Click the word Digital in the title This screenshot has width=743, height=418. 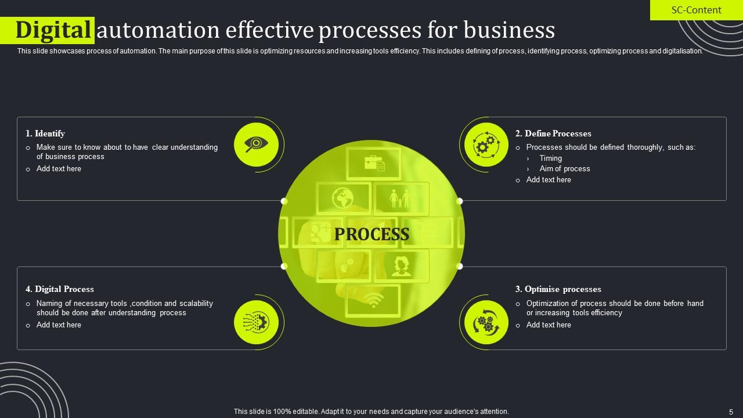(55, 30)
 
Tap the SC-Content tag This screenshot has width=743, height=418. (696, 10)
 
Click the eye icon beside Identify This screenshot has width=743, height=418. (256, 144)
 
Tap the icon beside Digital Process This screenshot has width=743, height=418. (256, 322)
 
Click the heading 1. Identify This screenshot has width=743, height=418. (45, 134)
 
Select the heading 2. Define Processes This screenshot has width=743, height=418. (553, 134)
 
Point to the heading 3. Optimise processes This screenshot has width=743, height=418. (558, 289)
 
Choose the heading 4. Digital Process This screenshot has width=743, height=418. (60, 289)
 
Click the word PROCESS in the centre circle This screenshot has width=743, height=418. (371, 234)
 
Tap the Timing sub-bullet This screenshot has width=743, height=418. (550, 158)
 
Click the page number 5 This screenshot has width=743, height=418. (731, 412)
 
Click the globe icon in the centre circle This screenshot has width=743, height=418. (343, 198)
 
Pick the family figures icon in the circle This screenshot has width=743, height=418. (400, 199)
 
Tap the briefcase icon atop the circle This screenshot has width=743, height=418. (374, 163)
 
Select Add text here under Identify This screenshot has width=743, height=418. (59, 168)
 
